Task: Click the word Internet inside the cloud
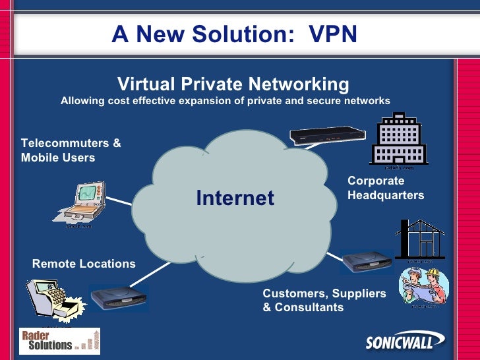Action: pos(235,198)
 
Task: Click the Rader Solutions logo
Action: pos(59,340)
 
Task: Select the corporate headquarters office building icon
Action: pos(398,139)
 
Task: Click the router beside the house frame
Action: pos(367,261)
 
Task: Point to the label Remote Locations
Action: pos(84,264)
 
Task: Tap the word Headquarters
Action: pos(386,195)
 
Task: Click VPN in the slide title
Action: pos(332,34)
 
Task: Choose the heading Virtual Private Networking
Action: pos(233,84)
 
